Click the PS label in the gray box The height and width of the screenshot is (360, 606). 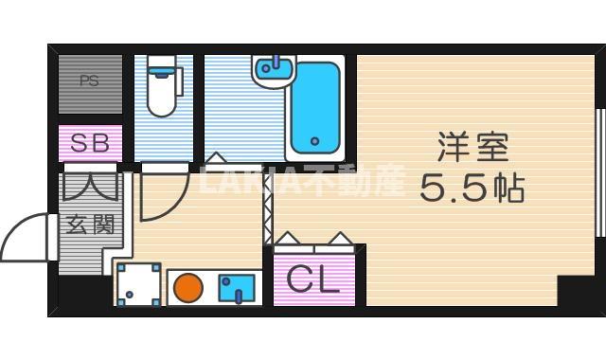89,81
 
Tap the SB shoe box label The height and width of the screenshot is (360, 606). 91,144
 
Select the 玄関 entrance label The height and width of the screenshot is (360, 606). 90,225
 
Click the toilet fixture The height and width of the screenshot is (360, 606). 163,92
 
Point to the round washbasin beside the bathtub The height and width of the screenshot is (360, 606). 274,72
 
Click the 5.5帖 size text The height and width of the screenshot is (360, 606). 472,189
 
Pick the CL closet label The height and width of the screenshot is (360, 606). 313,280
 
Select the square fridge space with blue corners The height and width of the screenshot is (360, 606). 138,285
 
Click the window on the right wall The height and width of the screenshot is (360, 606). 598,171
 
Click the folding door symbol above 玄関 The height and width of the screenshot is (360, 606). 90,185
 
